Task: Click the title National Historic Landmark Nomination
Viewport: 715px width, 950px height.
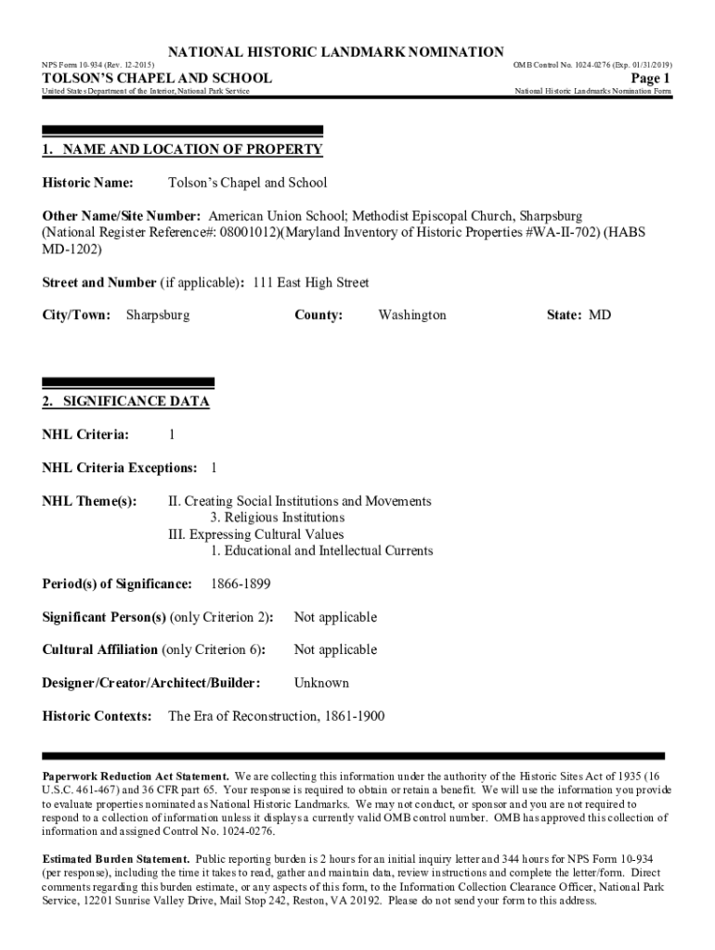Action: click(334, 51)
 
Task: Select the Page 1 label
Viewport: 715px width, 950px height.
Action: click(650, 78)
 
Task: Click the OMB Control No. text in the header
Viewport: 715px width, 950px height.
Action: click(592, 65)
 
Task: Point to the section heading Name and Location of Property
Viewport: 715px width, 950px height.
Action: click(183, 149)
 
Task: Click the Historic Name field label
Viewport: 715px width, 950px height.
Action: click(88, 183)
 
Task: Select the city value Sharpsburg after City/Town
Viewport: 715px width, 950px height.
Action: click(158, 315)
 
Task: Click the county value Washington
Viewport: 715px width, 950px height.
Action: click(412, 315)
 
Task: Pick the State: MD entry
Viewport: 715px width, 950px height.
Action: click(578, 315)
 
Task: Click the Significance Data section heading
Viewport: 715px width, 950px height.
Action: click(125, 402)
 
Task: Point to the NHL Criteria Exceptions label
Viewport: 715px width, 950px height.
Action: click(119, 468)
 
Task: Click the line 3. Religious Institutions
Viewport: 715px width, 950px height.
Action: click(277, 518)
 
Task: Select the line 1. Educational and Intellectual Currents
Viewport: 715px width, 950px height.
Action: click(321, 551)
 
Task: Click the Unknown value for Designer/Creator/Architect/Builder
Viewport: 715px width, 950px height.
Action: click(321, 683)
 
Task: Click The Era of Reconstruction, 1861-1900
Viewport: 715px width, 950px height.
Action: click(276, 716)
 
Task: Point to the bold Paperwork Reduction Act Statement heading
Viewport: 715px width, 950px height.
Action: click(136, 776)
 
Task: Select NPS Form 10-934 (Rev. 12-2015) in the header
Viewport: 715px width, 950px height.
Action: click(97, 65)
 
